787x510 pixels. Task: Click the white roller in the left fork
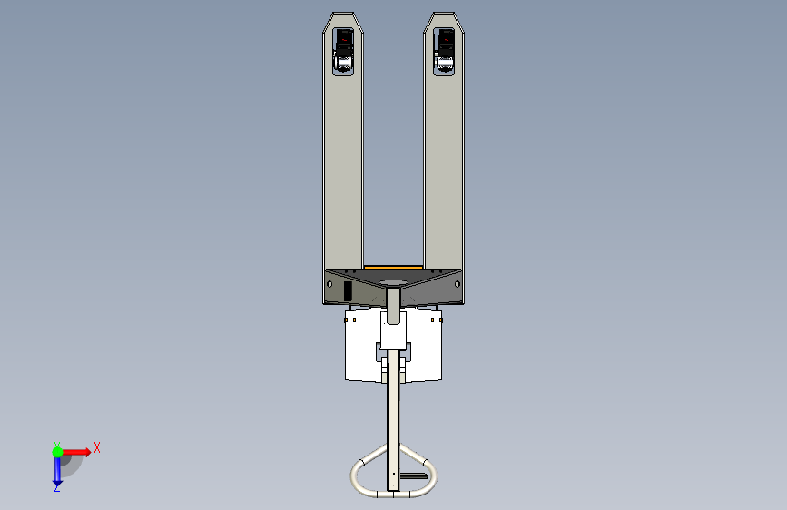(x=343, y=63)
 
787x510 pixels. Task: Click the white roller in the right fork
(x=444, y=63)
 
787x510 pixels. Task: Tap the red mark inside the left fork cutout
(x=344, y=39)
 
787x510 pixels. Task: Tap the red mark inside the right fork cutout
(x=445, y=39)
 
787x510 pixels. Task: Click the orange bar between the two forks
(x=393, y=268)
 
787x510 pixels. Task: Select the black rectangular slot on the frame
(x=348, y=291)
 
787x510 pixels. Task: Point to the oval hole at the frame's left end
(x=330, y=285)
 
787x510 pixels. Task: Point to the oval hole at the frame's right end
(x=457, y=285)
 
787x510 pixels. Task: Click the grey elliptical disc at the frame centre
(x=394, y=283)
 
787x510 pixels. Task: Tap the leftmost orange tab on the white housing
(x=347, y=319)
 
